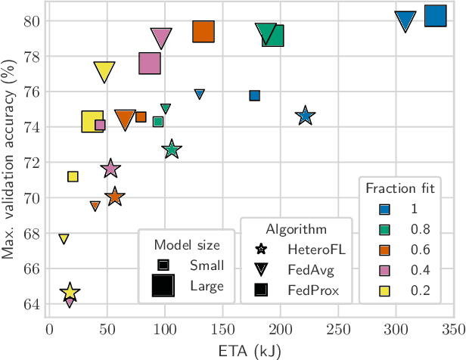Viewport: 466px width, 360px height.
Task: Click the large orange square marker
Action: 203,31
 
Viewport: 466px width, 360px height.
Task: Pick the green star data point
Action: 172,149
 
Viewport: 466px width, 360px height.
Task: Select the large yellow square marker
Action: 92,121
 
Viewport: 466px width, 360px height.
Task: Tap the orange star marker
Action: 114,197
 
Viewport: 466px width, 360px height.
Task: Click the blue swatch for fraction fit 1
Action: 384,209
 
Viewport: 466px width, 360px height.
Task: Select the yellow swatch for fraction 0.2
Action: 384,290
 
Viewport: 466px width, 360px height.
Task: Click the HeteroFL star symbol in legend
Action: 262,249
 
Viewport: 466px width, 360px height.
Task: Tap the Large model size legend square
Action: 163,286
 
